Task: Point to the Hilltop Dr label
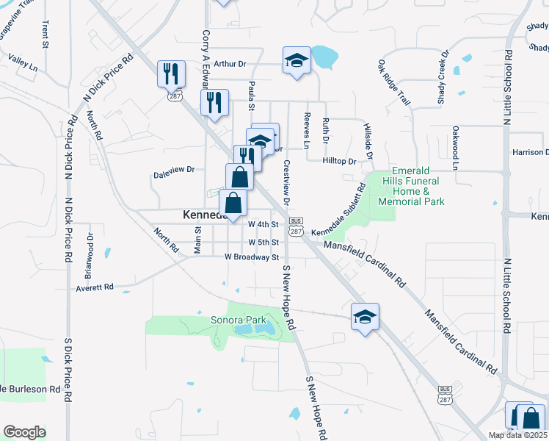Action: coord(339,160)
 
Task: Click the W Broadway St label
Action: coord(252,257)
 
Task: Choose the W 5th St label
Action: coord(263,242)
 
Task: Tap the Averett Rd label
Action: coord(95,288)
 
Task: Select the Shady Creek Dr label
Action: coord(443,77)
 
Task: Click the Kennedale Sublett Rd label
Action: coord(338,213)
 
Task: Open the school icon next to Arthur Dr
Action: coord(297,60)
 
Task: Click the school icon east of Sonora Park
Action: coord(365,317)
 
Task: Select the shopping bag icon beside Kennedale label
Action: coord(233,204)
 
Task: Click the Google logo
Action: coord(24,432)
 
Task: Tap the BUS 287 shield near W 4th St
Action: coord(296,226)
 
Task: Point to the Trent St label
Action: coord(45,35)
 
